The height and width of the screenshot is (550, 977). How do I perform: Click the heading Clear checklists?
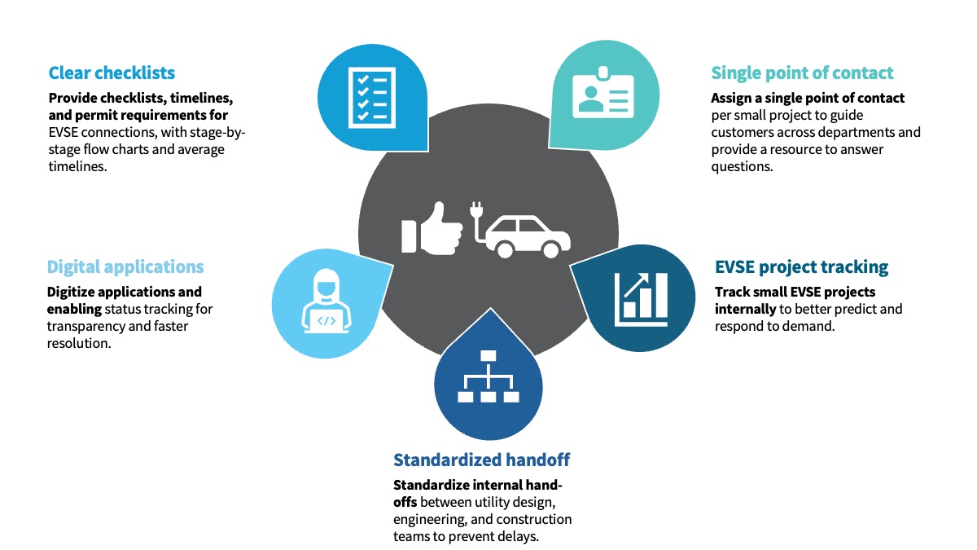coord(112,73)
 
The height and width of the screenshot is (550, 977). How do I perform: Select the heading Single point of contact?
coord(802,73)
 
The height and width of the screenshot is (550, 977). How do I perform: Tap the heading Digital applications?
coord(125,266)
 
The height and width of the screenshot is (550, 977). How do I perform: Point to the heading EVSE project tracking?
coord(801,266)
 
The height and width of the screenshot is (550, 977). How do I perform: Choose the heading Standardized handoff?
coord(487,459)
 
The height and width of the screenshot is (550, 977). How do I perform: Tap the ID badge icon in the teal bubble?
coord(603,95)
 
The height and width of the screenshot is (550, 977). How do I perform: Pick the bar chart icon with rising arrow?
coord(642,295)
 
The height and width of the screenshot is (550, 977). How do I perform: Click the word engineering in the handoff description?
coord(428,519)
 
